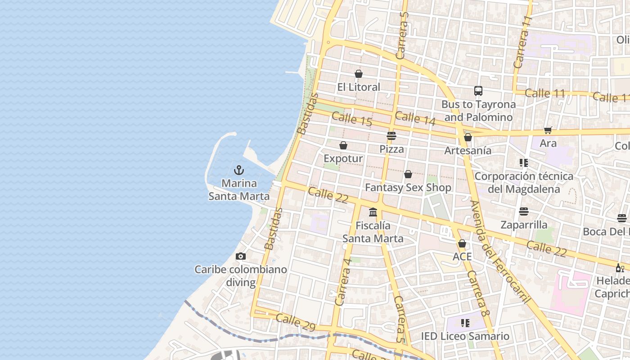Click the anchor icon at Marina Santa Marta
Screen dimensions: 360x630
239,170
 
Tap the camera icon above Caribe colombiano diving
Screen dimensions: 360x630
241,256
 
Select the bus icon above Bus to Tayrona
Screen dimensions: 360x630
478,91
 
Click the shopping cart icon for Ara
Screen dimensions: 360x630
548,130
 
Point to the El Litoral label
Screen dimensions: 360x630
359,87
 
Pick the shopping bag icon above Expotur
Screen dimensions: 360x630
343,145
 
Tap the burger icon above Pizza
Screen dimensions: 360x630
391,136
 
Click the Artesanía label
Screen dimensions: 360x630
468,150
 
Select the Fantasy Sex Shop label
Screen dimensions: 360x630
408,187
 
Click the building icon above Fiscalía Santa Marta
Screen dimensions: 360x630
373,212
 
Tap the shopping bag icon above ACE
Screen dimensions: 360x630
462,243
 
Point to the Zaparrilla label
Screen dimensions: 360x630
524,225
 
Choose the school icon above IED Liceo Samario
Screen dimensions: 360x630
465,323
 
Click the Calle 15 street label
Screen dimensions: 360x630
352,119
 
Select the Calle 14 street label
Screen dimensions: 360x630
415,118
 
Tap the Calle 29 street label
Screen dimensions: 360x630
296,322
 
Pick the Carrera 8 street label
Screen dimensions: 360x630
478,293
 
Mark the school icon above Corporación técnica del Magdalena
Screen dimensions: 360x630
523,162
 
